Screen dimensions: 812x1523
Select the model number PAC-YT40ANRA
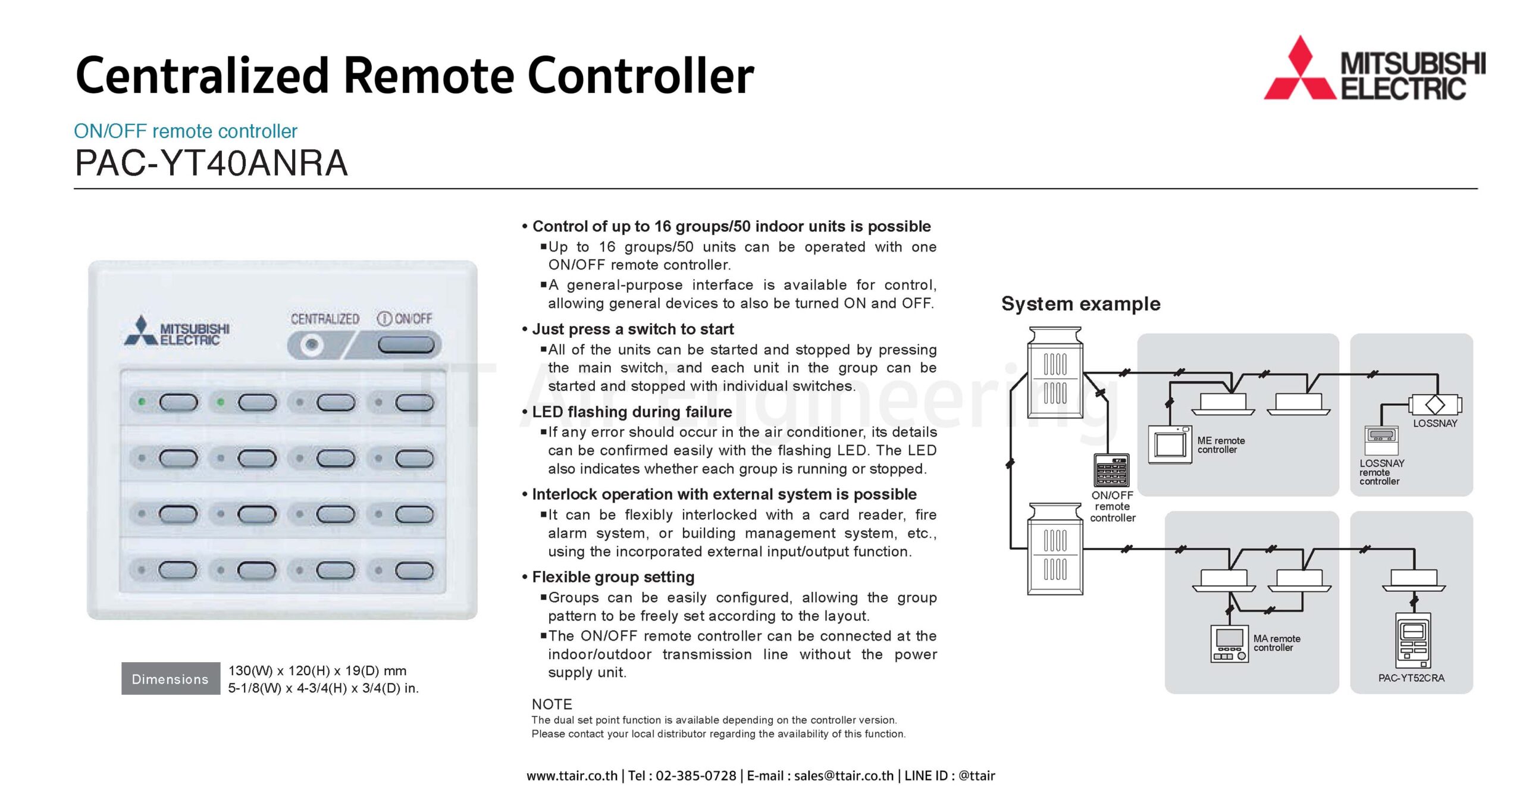[211, 163]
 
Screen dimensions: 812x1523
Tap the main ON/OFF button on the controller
[406, 344]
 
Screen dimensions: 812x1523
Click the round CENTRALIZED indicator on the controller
[311, 344]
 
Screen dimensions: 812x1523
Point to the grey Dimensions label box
[170, 679]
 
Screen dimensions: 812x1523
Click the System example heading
[1080, 304]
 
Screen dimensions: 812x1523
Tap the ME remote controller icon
[1170, 444]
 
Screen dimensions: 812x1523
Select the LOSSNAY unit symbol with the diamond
[1434, 405]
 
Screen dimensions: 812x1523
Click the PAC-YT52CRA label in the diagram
[1411, 678]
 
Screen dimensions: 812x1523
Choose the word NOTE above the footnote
[551, 704]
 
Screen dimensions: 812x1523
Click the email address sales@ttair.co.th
[844, 776]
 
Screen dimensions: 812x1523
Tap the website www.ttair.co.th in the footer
[572, 776]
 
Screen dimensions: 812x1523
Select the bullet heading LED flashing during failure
[632, 412]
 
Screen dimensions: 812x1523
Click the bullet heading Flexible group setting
[613, 577]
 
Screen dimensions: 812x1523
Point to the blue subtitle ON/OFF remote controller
[186, 131]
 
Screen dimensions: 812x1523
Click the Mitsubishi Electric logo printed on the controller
[177, 332]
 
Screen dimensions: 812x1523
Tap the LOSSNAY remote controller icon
[1381, 441]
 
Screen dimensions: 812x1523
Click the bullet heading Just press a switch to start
[632, 329]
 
